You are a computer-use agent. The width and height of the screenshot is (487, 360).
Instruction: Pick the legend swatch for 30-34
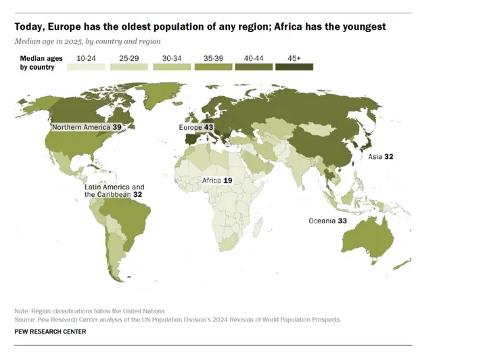click(x=172, y=67)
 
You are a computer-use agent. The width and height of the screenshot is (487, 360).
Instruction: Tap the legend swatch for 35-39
click(x=212, y=67)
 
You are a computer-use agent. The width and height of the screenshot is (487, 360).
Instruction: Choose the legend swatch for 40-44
click(x=253, y=67)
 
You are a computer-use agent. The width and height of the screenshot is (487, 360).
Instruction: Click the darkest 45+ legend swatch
click(x=294, y=67)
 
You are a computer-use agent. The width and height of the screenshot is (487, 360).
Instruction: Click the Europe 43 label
click(x=195, y=127)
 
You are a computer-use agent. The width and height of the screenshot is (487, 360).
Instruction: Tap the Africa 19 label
click(x=218, y=181)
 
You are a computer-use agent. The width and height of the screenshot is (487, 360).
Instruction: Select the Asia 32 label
click(x=380, y=156)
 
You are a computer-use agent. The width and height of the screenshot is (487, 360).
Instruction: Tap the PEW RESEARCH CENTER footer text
click(x=50, y=332)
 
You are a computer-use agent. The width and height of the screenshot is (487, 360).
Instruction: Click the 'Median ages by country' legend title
click(x=37, y=63)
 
